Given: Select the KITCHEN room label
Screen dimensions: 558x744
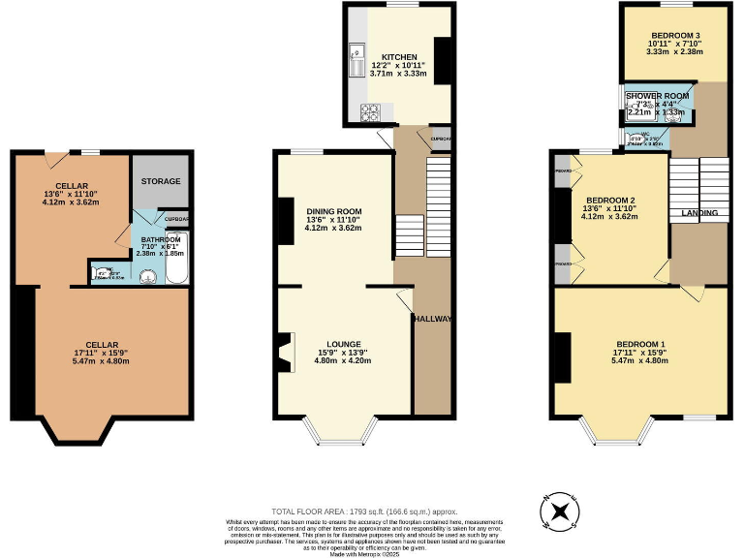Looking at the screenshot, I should (x=398, y=57).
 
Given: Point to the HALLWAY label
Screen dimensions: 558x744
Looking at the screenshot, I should (x=432, y=319).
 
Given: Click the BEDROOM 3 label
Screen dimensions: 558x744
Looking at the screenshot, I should (x=674, y=36).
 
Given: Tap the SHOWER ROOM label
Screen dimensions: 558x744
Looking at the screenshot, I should (x=657, y=96).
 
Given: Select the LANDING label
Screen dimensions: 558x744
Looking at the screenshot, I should (x=698, y=212).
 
